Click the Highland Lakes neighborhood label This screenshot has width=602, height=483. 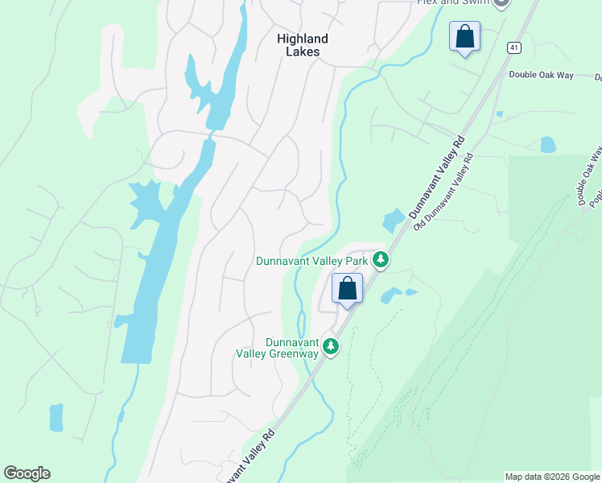302,45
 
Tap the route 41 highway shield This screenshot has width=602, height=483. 513,48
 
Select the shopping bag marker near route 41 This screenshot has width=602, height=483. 464,36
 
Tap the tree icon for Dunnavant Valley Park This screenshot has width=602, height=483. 381,260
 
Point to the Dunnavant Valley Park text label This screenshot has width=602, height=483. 312,261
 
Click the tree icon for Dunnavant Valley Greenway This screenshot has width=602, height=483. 330,346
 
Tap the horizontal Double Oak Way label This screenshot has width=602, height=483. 541,75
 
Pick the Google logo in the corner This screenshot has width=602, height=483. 27,473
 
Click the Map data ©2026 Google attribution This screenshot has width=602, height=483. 551,477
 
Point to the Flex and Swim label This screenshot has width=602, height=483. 451,2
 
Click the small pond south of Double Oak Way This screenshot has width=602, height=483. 548,145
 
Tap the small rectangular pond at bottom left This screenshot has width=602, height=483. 56,418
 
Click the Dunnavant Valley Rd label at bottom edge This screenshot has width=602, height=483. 249,456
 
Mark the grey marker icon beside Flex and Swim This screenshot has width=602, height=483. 501,2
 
